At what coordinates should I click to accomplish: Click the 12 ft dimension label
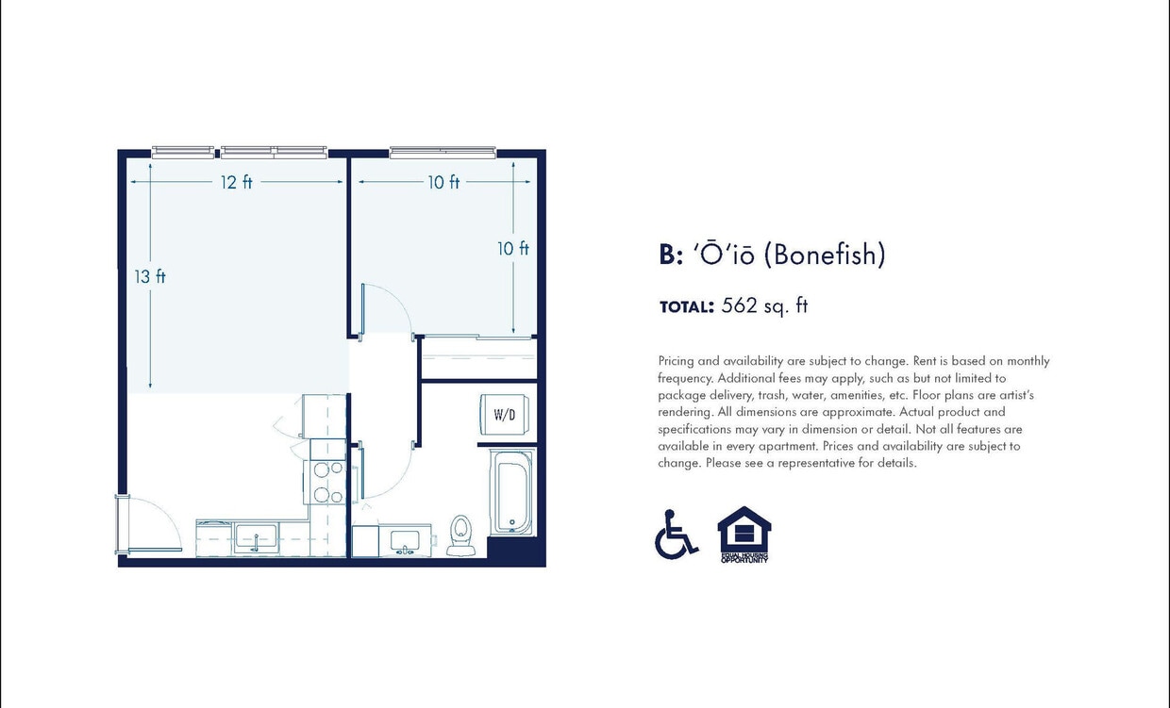[237, 182]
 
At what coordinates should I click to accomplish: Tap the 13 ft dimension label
[150, 276]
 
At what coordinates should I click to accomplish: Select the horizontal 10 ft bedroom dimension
[443, 182]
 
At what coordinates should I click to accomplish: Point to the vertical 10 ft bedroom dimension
[513, 248]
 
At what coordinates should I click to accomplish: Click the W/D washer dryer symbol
[505, 413]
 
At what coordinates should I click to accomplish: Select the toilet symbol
[460, 533]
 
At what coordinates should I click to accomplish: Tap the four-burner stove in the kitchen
[327, 482]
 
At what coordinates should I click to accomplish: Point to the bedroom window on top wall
[443, 152]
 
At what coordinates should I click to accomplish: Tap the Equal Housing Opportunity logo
[744, 535]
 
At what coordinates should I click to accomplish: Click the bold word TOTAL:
[686, 306]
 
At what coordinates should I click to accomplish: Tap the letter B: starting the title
[671, 255]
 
